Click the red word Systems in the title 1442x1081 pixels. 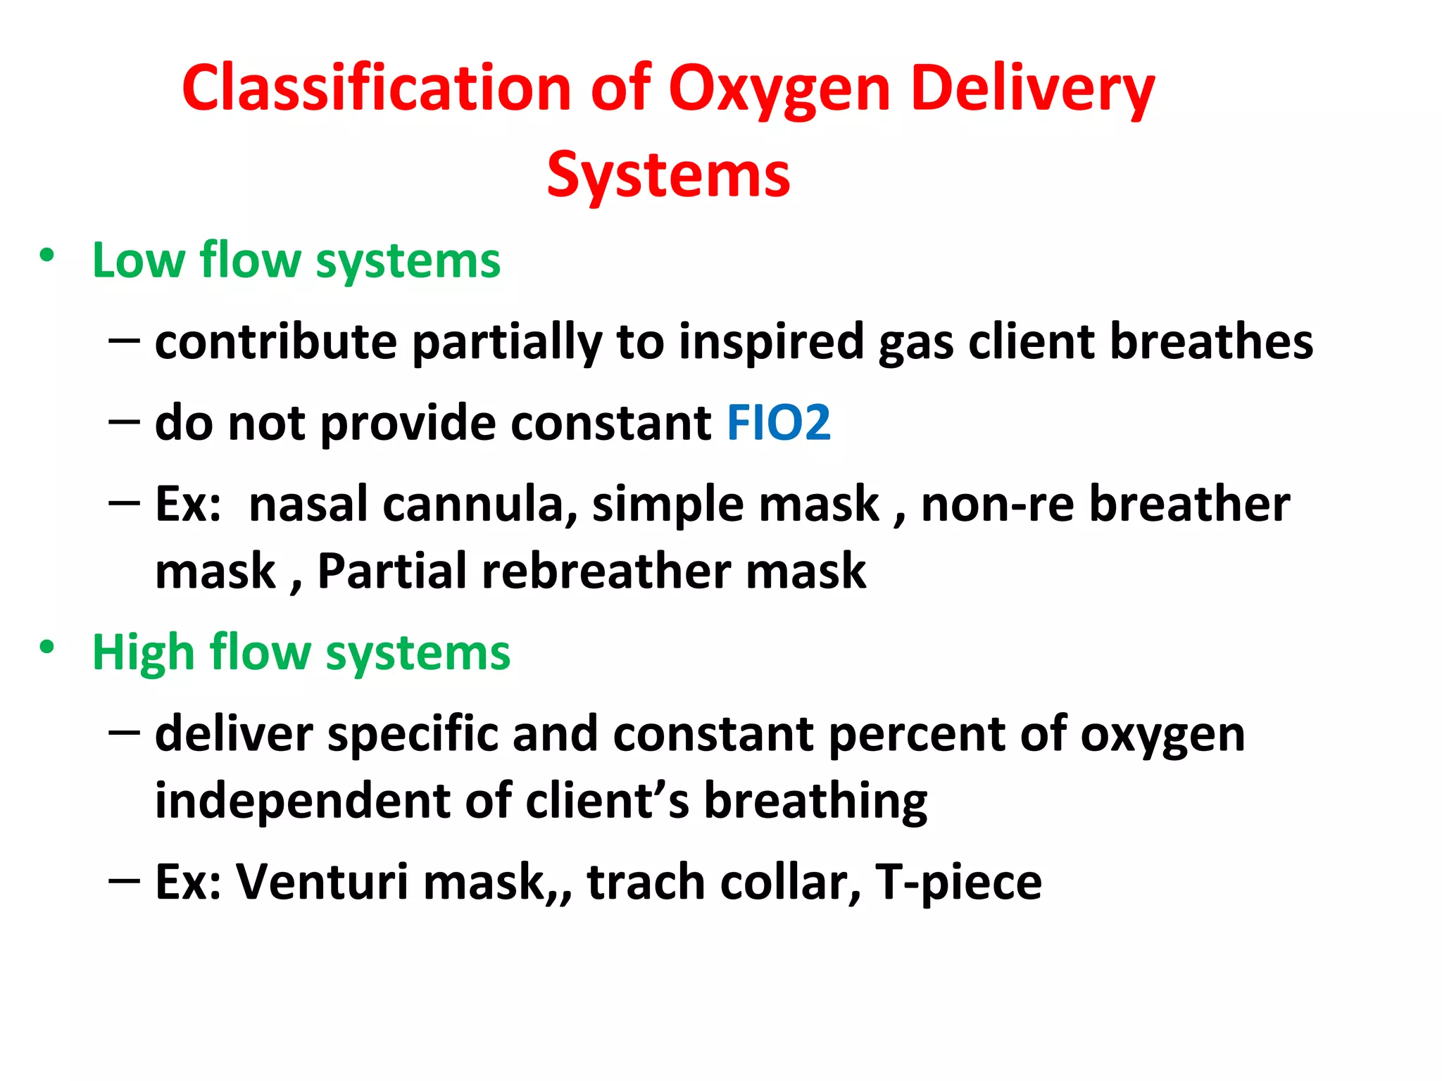pyautogui.click(x=668, y=176)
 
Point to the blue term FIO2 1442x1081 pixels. pyautogui.click(x=778, y=423)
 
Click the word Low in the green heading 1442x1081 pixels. pyautogui.click(x=137, y=260)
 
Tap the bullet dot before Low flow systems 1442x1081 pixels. pyautogui.click(x=46, y=255)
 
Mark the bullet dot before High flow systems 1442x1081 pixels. pyautogui.click(x=46, y=647)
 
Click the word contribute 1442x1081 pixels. pyautogui.click(x=276, y=342)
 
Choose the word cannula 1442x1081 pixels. pyautogui.click(x=479, y=505)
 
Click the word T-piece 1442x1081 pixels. pyautogui.click(x=958, y=883)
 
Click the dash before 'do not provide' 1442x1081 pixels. pyautogui.click(x=125, y=422)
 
